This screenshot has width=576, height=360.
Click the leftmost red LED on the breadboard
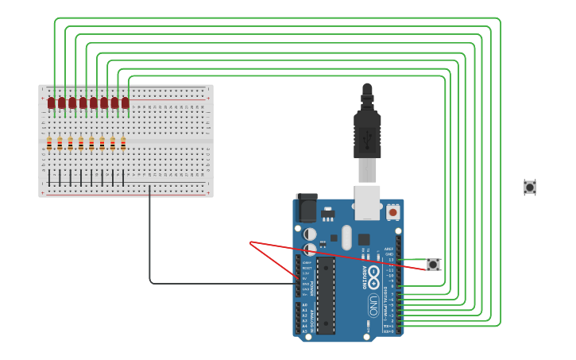(x=51, y=103)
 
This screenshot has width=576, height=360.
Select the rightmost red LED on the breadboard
(x=125, y=103)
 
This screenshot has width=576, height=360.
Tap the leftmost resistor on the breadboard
(x=49, y=144)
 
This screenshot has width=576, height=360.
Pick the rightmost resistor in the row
(x=123, y=144)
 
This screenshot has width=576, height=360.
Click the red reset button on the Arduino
(x=392, y=212)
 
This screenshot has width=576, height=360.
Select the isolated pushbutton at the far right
(x=530, y=188)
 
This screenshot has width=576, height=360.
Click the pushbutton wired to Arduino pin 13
(x=433, y=265)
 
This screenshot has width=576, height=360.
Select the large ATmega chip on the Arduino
(x=325, y=295)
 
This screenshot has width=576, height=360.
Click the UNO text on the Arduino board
(x=373, y=304)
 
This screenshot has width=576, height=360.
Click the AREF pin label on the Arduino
(x=389, y=249)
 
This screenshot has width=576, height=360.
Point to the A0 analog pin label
(x=304, y=305)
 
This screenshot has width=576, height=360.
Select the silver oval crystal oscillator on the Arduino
(x=346, y=237)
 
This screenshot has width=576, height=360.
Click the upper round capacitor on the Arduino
(x=311, y=234)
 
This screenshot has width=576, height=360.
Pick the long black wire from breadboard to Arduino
(x=150, y=238)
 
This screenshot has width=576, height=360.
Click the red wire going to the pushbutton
(x=342, y=254)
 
